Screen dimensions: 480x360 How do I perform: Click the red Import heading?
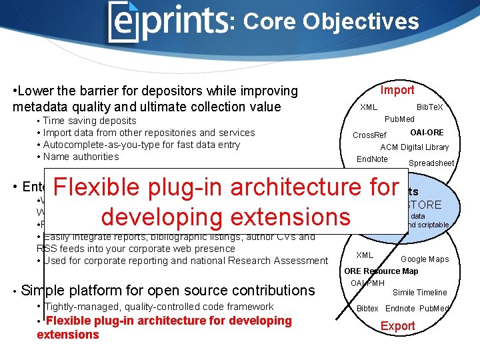tap(397, 90)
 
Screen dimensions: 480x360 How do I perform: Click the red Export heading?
tap(397, 326)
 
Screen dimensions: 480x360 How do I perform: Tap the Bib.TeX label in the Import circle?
tap(429, 107)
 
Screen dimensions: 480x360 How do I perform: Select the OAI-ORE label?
tap(427, 133)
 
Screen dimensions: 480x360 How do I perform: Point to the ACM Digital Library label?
tap(414, 147)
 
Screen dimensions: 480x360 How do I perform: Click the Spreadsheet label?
tap(431, 163)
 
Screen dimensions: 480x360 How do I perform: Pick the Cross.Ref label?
tap(370, 135)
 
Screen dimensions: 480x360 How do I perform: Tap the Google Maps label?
tap(425, 259)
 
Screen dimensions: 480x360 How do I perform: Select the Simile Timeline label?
tap(419, 293)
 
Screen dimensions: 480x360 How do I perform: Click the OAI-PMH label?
tap(367, 283)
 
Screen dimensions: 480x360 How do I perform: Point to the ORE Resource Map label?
tap(381, 271)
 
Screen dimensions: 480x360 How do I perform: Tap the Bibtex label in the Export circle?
tap(367, 309)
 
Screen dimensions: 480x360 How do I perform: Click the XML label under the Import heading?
tap(369, 107)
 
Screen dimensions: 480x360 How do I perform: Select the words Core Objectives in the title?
tap(331, 22)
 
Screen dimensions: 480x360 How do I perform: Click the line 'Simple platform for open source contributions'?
tap(168, 290)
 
